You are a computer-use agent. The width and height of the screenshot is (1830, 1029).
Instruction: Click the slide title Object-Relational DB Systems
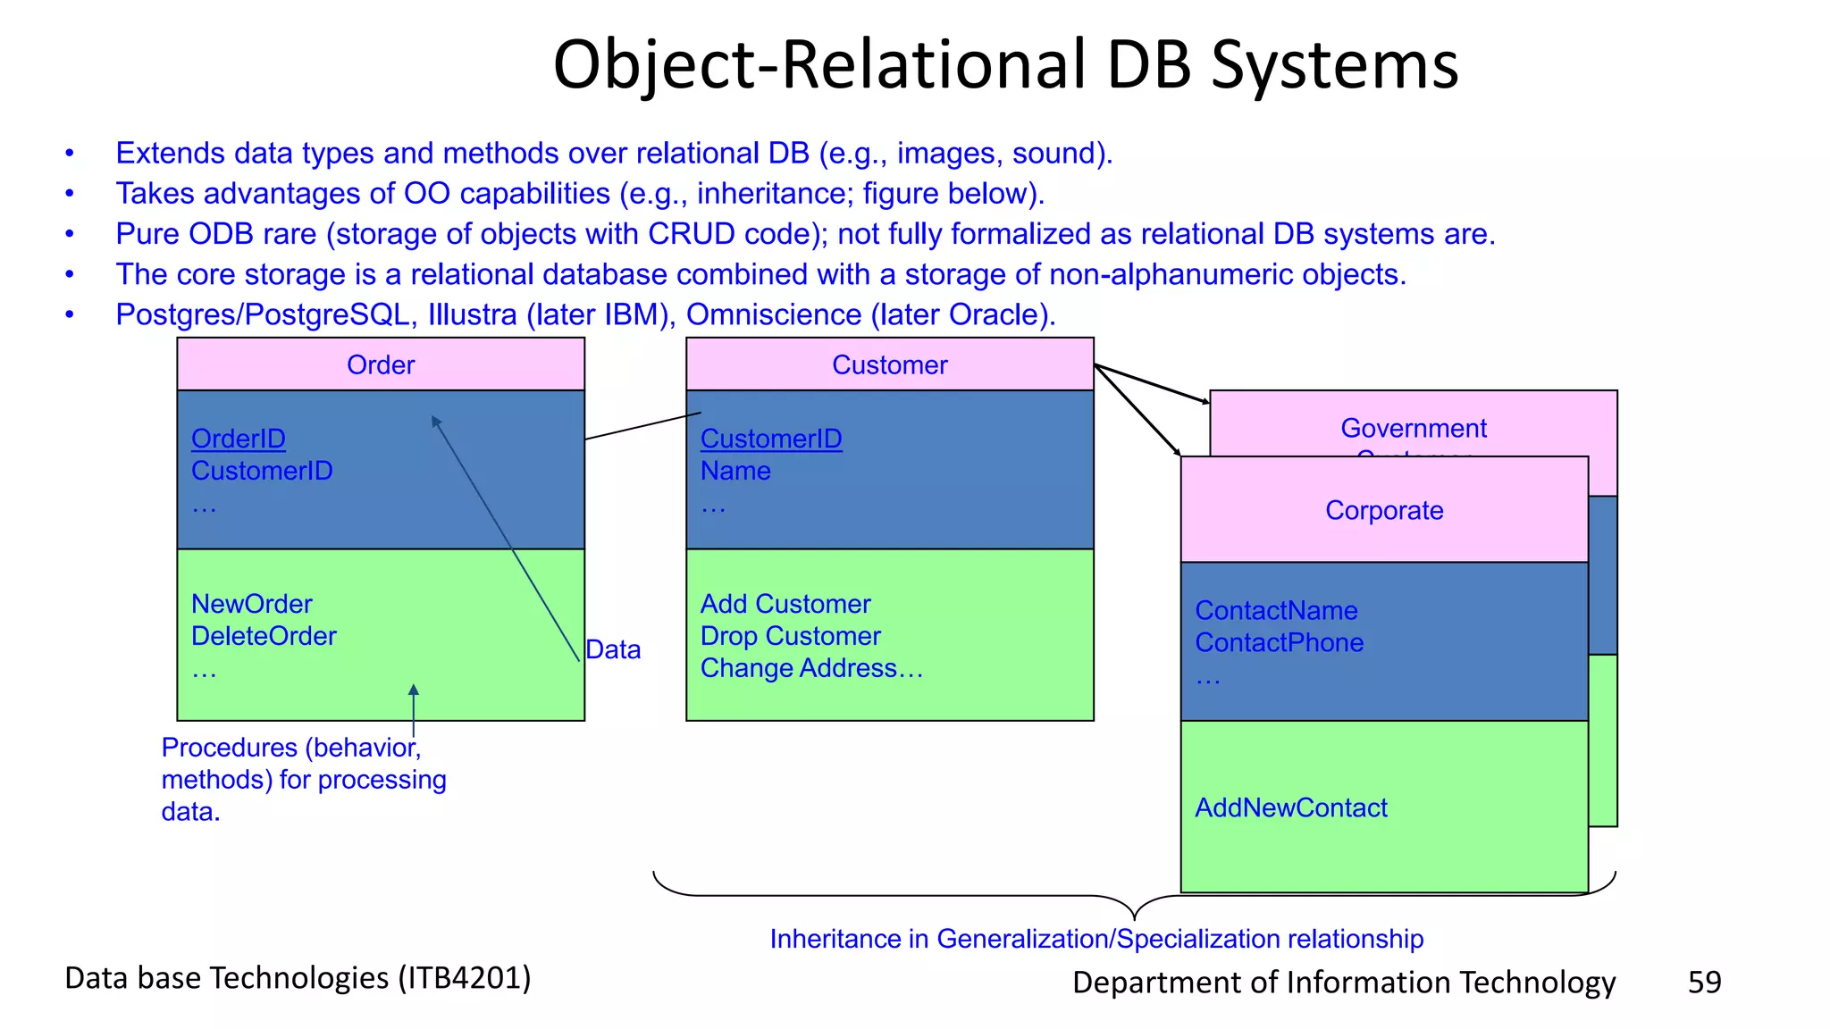pos(1005,65)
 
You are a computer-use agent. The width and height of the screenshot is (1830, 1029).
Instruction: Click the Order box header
pos(381,364)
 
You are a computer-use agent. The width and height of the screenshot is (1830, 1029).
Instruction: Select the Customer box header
pos(889,364)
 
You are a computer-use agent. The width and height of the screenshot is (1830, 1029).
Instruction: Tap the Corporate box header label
pos(1384,510)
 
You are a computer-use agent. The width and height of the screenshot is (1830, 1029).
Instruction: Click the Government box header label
pos(1414,428)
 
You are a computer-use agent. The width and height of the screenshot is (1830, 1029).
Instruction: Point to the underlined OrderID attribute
pos(239,439)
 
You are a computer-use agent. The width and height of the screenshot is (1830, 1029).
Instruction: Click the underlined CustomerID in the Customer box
pos(771,439)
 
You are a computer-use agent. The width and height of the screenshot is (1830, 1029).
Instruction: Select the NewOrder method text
pos(252,604)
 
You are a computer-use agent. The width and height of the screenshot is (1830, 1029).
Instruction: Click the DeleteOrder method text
pos(264,636)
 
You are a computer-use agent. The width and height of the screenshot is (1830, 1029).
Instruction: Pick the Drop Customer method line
pos(790,636)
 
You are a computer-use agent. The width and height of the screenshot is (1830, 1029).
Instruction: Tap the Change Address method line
pos(810,668)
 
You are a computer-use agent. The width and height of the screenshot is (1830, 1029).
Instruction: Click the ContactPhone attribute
pos(1279,642)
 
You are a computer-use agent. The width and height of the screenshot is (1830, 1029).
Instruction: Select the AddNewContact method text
pos(1291,807)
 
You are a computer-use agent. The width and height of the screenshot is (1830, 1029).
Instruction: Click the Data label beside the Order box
pos(613,649)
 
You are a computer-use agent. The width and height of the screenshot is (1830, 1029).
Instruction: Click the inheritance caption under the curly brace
pos(1096,939)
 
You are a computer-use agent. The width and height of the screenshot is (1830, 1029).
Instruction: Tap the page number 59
pos(1704,982)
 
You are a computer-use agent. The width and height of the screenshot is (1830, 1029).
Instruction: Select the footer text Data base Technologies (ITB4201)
pos(298,978)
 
